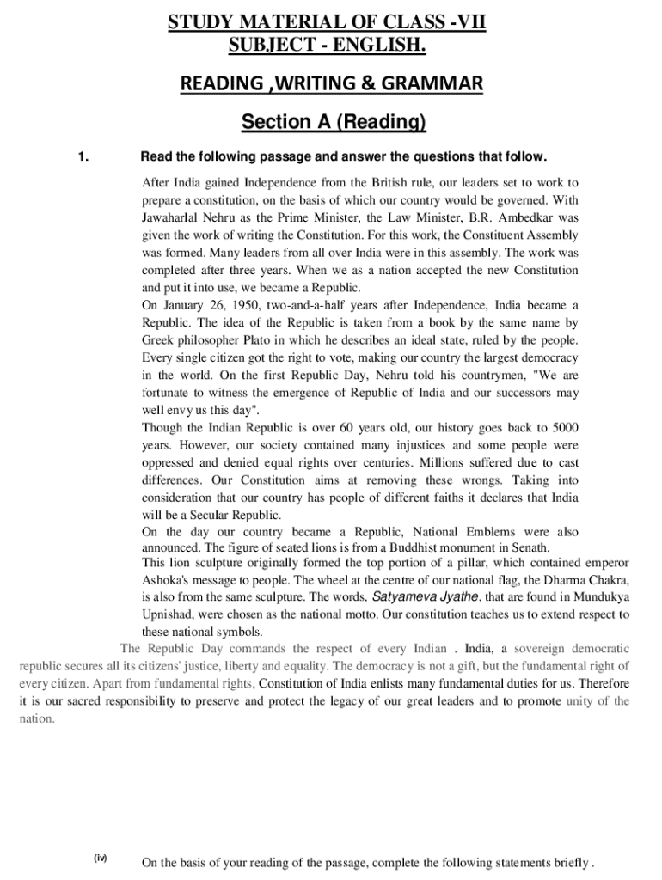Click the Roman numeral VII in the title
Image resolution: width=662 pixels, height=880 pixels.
[x=470, y=20]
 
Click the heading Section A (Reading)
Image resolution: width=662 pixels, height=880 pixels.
[x=334, y=123]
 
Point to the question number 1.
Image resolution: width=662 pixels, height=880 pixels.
[x=83, y=156]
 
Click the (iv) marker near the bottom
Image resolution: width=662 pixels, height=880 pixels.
[x=101, y=859]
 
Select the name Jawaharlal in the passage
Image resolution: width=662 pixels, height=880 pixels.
[x=172, y=217]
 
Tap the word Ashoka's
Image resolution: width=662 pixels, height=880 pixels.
[x=167, y=579]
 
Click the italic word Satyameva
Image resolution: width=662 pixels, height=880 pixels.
[x=401, y=596]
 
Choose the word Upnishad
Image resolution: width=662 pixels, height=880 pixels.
[x=169, y=614]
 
